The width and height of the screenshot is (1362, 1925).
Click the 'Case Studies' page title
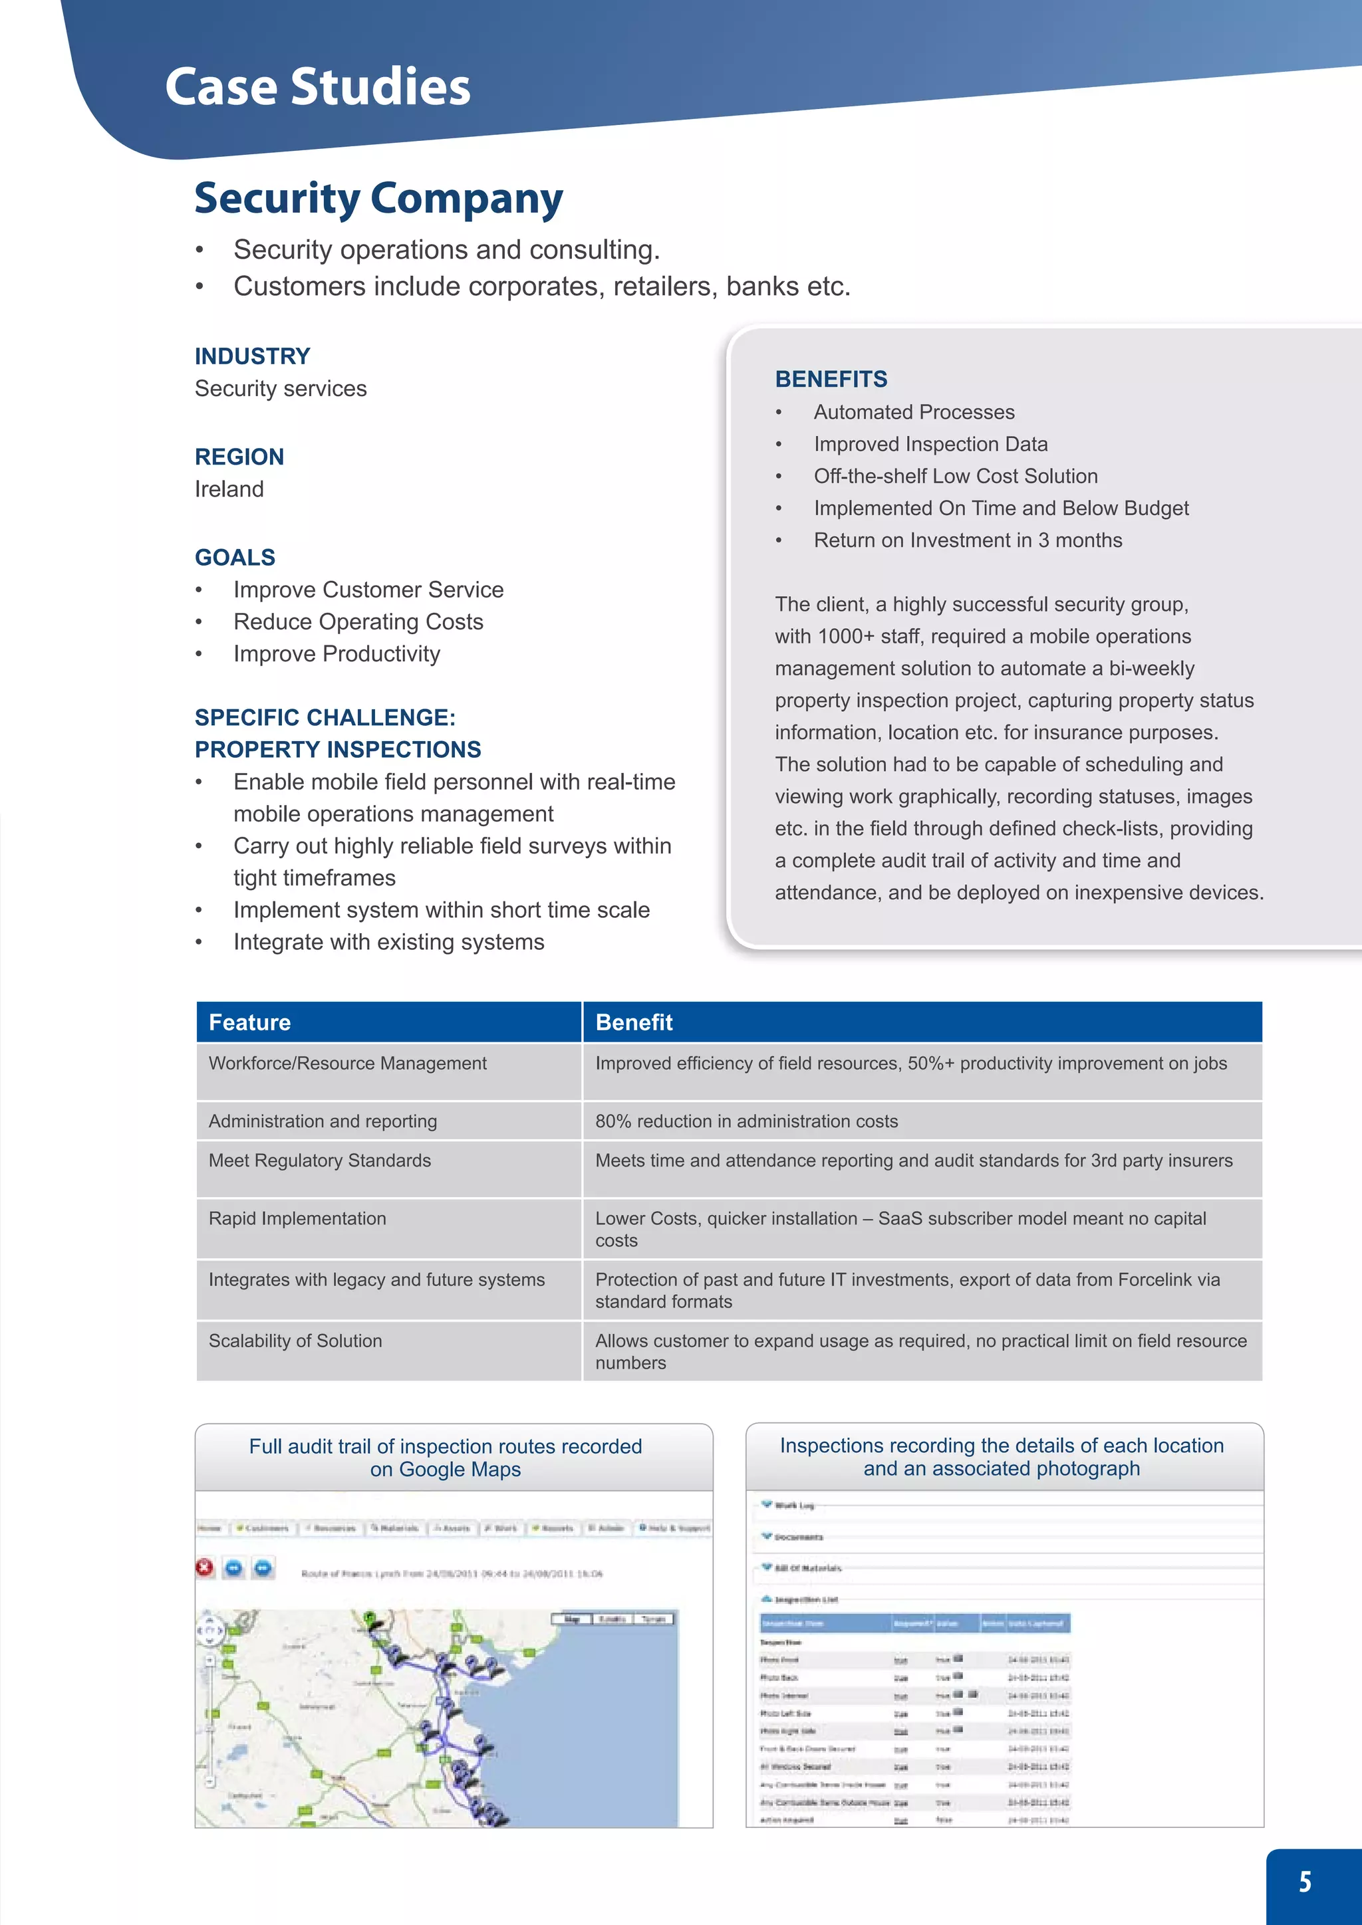pos(317,86)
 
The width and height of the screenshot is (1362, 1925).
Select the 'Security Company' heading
pos(378,199)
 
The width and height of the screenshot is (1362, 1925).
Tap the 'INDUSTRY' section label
pos(253,356)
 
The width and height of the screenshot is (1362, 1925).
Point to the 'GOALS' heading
pos(235,558)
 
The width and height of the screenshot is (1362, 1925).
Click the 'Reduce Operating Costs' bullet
pos(358,622)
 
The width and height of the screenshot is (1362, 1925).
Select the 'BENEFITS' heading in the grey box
pos(830,379)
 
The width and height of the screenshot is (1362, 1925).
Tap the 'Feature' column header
pos(250,1022)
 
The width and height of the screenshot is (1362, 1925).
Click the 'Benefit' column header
pos(634,1022)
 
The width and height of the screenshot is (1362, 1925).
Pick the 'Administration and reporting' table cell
pos(323,1121)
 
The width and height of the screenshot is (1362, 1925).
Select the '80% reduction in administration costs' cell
pos(746,1121)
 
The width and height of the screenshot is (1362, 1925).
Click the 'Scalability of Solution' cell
pos(295,1341)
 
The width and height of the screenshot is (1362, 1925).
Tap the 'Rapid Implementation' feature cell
pos(298,1218)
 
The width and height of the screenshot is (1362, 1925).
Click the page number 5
pos(1305,1881)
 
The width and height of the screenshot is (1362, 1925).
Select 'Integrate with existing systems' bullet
pos(388,943)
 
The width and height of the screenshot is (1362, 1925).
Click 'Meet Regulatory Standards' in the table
pos(319,1161)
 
